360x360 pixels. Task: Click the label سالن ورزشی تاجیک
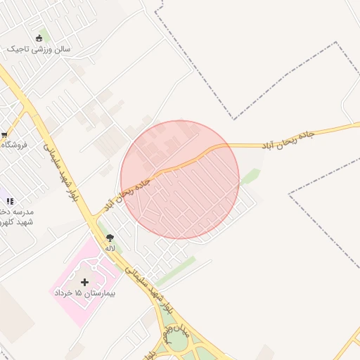point(44,50)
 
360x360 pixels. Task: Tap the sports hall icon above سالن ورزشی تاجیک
point(38,38)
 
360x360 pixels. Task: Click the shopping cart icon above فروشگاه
point(4,134)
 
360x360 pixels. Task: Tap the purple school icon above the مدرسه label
point(10,201)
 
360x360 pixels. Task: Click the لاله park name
point(110,248)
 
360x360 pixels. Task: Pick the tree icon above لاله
point(110,238)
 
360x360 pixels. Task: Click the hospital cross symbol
point(85,282)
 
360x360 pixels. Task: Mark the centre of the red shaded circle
point(180,180)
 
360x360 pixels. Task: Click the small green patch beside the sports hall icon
point(45,34)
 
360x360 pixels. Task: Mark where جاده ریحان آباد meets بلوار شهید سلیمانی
point(91,218)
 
